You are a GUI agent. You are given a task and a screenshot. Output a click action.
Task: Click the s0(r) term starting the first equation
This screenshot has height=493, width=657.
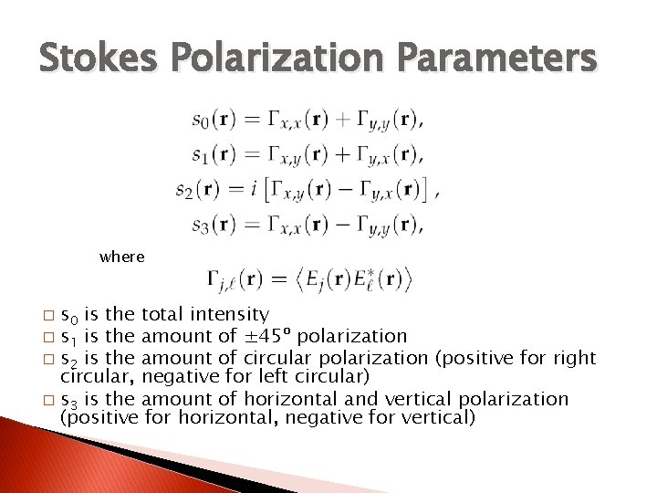(214, 119)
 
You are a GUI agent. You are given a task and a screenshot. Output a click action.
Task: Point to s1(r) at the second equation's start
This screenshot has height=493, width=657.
(214, 154)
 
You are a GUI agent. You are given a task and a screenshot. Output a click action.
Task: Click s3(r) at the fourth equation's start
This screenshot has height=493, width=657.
(214, 225)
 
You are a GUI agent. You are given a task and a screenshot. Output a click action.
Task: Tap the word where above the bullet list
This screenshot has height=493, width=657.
(122, 257)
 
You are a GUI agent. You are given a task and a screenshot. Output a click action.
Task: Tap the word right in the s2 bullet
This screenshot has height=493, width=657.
(575, 357)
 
